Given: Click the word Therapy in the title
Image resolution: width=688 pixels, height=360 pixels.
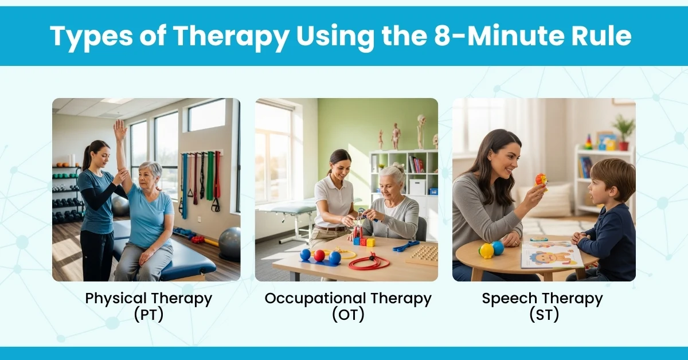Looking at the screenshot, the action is [x=230, y=36].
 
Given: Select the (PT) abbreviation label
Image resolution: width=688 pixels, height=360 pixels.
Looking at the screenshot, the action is [x=148, y=315].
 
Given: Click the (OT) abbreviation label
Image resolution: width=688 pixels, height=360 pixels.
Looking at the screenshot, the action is [x=348, y=315].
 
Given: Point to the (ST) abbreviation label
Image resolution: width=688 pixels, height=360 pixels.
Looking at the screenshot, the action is [x=544, y=315].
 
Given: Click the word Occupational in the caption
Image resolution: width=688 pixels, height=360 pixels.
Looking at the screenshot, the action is [x=315, y=299].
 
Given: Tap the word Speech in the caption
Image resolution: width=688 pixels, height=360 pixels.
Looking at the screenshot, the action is [x=509, y=299].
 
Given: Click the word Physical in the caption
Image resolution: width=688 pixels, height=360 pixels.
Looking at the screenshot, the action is [x=116, y=299].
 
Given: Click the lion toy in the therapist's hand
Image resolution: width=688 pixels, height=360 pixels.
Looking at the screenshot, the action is [x=541, y=182].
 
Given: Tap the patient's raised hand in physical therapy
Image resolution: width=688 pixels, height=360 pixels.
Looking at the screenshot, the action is [x=120, y=130].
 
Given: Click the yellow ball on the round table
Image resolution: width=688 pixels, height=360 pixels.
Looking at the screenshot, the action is [x=486, y=251].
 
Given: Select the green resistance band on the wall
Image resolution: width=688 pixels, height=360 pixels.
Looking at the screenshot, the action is [x=210, y=175].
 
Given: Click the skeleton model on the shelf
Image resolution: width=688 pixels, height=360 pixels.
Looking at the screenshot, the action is [x=421, y=131].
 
